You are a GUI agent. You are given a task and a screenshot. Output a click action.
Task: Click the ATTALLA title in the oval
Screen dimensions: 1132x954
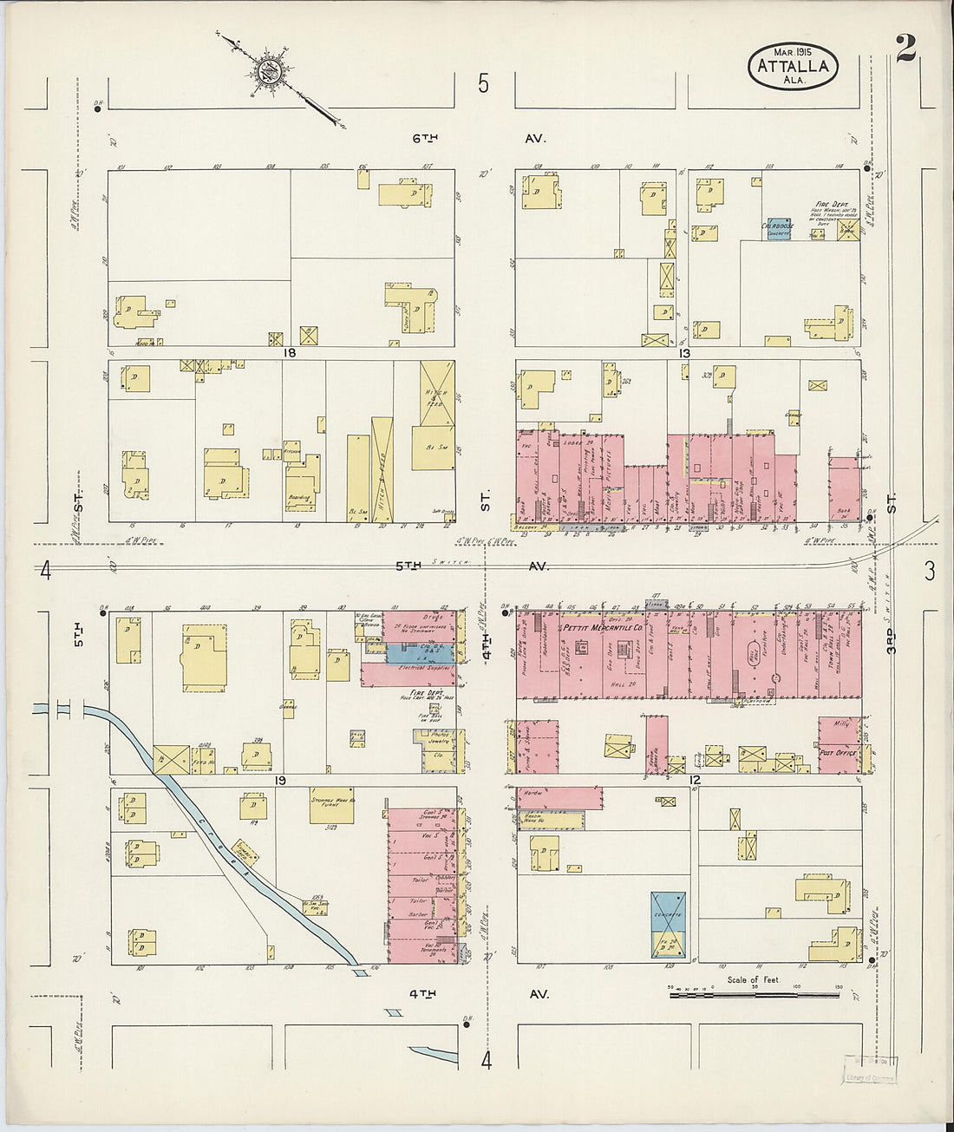(792, 65)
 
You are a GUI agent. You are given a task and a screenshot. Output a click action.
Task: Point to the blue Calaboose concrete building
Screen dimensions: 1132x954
(778, 229)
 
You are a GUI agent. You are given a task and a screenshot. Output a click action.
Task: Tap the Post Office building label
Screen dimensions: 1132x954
(838, 754)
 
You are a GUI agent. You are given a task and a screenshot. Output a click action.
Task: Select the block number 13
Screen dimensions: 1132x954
(684, 353)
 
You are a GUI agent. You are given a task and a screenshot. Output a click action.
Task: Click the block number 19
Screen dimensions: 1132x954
(280, 781)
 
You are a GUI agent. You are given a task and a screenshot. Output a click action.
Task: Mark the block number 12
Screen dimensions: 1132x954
(694, 781)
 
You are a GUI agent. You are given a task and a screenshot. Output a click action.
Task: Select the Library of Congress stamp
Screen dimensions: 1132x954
(871, 1070)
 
